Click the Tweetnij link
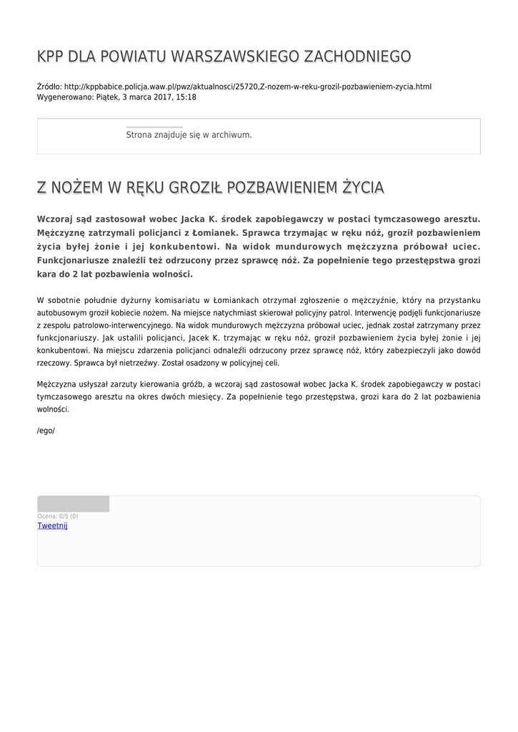click(52, 525)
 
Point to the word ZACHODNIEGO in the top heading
click(357, 56)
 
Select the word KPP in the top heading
click(51, 56)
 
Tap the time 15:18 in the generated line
click(186, 97)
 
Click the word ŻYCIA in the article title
click(362, 188)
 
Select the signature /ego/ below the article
click(46, 430)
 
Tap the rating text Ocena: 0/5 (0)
click(58, 516)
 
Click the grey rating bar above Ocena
click(73, 504)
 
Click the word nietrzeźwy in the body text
click(137, 363)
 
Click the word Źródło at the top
click(49, 86)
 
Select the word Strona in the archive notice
click(139, 134)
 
